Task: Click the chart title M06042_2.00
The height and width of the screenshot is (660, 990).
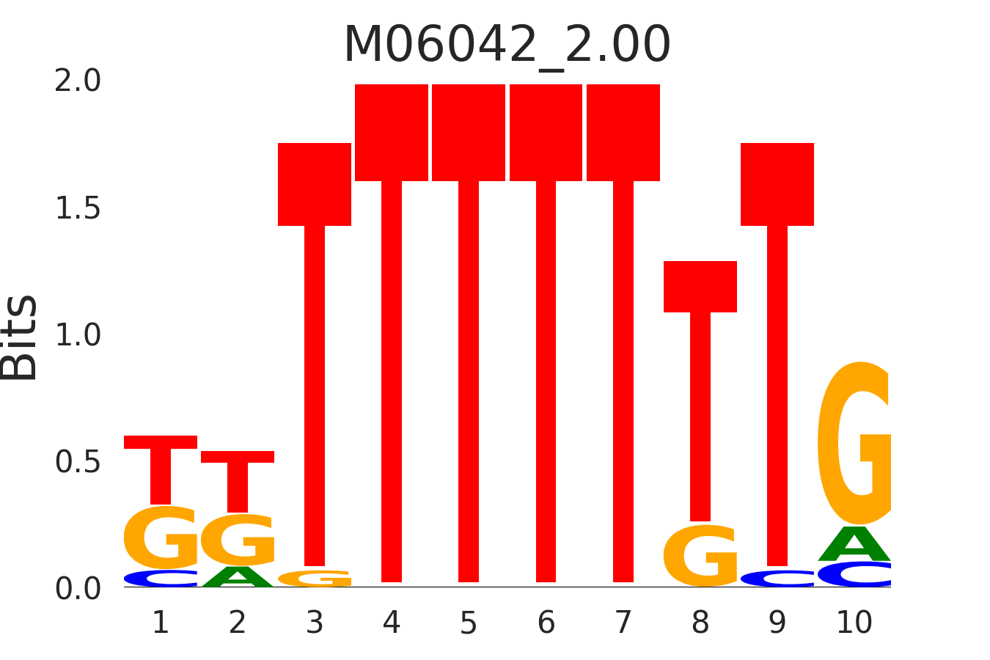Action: (507, 45)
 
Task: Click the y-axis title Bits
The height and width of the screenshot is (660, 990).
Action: (20, 337)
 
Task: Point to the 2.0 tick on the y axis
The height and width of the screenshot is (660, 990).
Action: (78, 81)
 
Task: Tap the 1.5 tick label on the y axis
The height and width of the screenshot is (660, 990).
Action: (78, 208)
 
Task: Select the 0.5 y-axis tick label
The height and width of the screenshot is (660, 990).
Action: (78, 462)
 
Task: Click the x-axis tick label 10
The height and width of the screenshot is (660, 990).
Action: (854, 623)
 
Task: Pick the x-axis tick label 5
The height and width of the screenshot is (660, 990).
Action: (469, 623)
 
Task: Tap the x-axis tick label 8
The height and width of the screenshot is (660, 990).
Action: (700, 623)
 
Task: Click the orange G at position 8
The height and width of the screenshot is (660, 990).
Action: (700, 556)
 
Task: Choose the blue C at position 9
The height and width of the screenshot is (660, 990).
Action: (777, 579)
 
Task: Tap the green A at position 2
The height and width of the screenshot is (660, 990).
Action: (238, 577)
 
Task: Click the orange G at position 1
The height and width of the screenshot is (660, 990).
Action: (161, 538)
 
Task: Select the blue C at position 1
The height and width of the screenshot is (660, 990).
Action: (161, 579)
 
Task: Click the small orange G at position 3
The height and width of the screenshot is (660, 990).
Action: (315, 579)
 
